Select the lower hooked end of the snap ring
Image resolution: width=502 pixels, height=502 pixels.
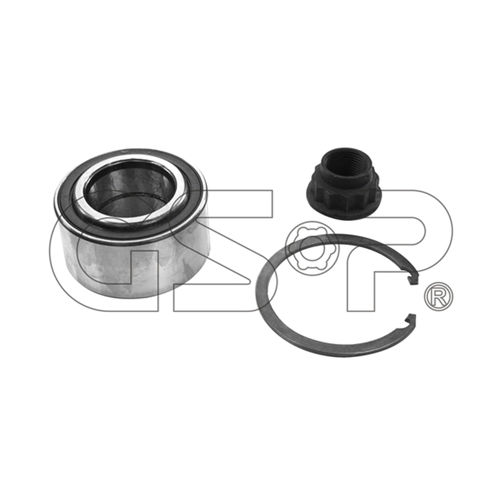pos(411,320)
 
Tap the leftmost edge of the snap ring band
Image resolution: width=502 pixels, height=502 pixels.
pos(258,294)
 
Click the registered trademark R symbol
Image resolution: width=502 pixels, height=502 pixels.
pos(439,296)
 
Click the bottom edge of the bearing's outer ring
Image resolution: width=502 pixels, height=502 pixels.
pos(134,296)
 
